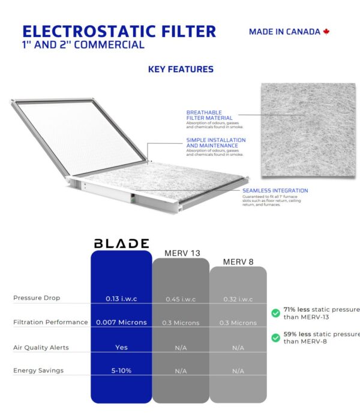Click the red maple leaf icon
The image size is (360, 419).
click(326, 32)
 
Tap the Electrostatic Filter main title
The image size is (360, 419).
click(119, 31)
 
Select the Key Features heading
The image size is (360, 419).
click(181, 69)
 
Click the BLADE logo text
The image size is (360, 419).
click(121, 243)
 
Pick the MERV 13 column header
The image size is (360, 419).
click(182, 253)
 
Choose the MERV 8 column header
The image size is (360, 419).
click(239, 261)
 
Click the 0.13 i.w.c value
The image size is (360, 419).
click(121, 299)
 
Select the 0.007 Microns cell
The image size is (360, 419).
click(121, 322)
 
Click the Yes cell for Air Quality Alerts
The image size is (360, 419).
click(121, 347)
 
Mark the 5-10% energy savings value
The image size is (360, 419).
click(121, 371)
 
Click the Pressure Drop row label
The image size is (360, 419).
click(37, 298)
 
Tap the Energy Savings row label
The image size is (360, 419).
click(38, 370)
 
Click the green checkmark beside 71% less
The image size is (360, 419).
click(275, 313)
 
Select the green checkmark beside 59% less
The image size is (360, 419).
click(275, 337)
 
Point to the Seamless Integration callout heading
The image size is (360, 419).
click(275, 191)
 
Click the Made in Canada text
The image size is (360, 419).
click(284, 32)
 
